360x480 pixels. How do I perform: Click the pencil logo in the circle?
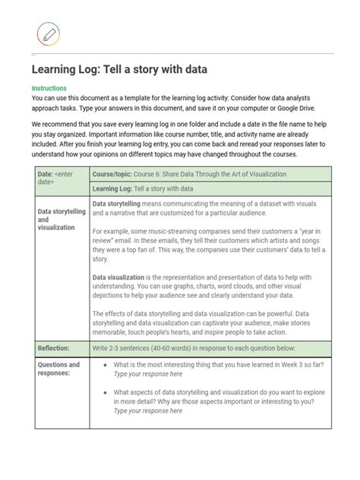click(x=48, y=34)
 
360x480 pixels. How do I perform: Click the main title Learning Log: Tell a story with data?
click(x=119, y=70)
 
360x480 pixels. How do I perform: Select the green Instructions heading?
click(x=49, y=89)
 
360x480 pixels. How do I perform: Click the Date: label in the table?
click(x=46, y=174)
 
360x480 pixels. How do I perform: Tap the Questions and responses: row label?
click(x=58, y=369)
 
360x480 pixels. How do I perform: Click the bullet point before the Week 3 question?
click(x=104, y=365)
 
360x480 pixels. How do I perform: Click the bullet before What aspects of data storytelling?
click(x=104, y=392)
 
